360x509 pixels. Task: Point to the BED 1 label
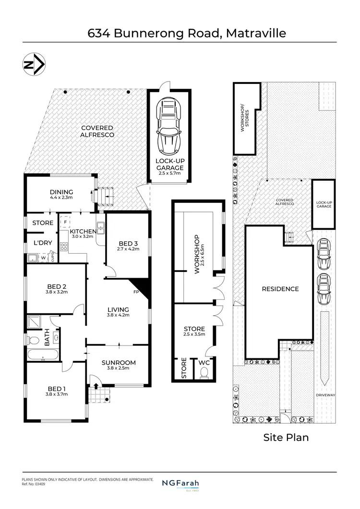[57, 389]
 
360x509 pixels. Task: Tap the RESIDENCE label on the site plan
[280, 289]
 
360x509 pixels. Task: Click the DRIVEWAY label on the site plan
[324, 395]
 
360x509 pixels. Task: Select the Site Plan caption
[286, 437]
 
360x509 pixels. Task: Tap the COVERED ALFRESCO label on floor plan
[97, 131]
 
